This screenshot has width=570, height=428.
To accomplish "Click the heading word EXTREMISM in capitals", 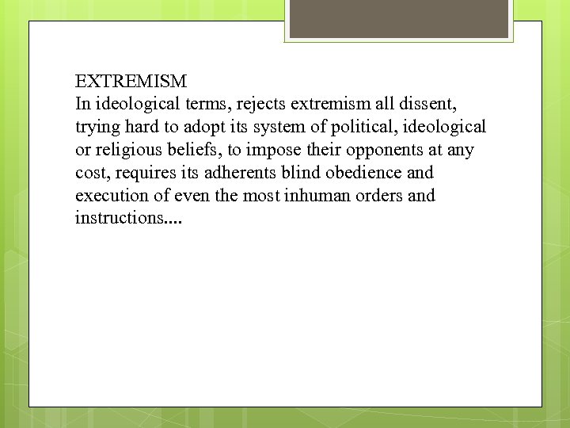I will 131,81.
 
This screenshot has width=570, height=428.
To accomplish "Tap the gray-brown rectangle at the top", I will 397,19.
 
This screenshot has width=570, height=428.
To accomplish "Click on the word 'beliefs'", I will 196,150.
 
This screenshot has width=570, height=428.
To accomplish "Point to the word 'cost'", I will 89,173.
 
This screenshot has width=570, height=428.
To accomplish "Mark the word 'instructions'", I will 120,217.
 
